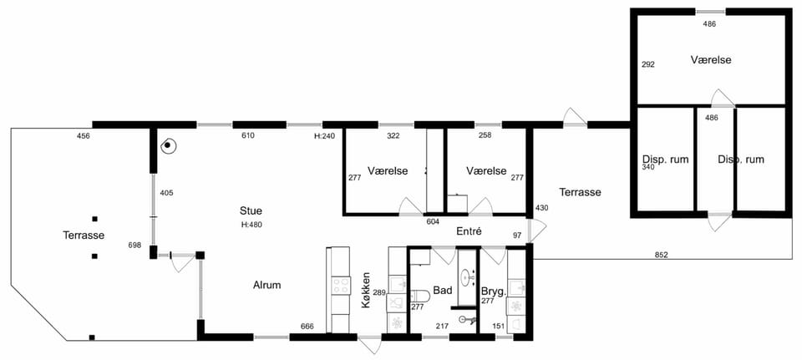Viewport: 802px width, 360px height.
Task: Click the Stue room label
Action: [251, 210]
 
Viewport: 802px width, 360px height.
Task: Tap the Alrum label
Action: [267, 286]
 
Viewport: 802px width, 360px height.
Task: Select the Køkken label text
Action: [365, 290]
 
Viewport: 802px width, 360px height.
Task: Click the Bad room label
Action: [443, 291]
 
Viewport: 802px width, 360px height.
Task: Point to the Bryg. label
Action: [494, 292]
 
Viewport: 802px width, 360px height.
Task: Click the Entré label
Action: [469, 231]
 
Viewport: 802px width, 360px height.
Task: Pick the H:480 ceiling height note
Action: [251, 224]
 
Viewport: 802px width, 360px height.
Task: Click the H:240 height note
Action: [325, 136]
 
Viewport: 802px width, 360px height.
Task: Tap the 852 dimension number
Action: [661, 255]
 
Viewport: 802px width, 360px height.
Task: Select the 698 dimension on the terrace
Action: [135, 246]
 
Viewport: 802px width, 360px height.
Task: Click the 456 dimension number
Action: [84, 136]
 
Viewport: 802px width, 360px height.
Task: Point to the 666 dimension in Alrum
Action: [307, 327]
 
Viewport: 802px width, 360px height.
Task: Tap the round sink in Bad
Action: [467, 277]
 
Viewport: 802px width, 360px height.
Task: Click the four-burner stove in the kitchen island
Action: [341, 286]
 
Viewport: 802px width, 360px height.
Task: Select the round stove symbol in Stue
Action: [167, 146]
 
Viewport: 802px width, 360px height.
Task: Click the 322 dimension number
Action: [393, 136]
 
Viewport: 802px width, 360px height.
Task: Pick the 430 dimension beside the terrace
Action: [541, 208]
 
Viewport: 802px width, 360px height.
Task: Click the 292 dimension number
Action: [648, 65]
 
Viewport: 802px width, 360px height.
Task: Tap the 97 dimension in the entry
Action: [518, 235]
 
